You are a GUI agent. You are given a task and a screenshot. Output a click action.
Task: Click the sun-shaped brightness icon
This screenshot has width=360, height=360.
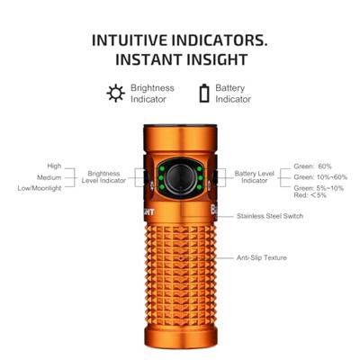114,93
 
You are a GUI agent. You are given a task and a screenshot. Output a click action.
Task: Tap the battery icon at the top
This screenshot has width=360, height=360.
206,93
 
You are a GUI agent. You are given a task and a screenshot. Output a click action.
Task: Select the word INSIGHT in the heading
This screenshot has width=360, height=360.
210,60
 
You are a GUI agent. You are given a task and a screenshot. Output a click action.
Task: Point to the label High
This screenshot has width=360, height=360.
54,166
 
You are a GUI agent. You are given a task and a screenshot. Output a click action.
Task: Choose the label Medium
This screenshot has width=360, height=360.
49,177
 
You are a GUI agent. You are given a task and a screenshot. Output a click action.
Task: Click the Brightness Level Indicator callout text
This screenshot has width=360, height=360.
106,176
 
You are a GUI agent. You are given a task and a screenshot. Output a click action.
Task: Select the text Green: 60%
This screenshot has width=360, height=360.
313,166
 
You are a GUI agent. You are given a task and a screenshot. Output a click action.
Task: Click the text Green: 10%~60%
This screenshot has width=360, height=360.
319,177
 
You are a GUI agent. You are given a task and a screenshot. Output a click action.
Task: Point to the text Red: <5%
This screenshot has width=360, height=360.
310,196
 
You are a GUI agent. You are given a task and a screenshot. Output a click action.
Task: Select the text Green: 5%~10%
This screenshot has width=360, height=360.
318,188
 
